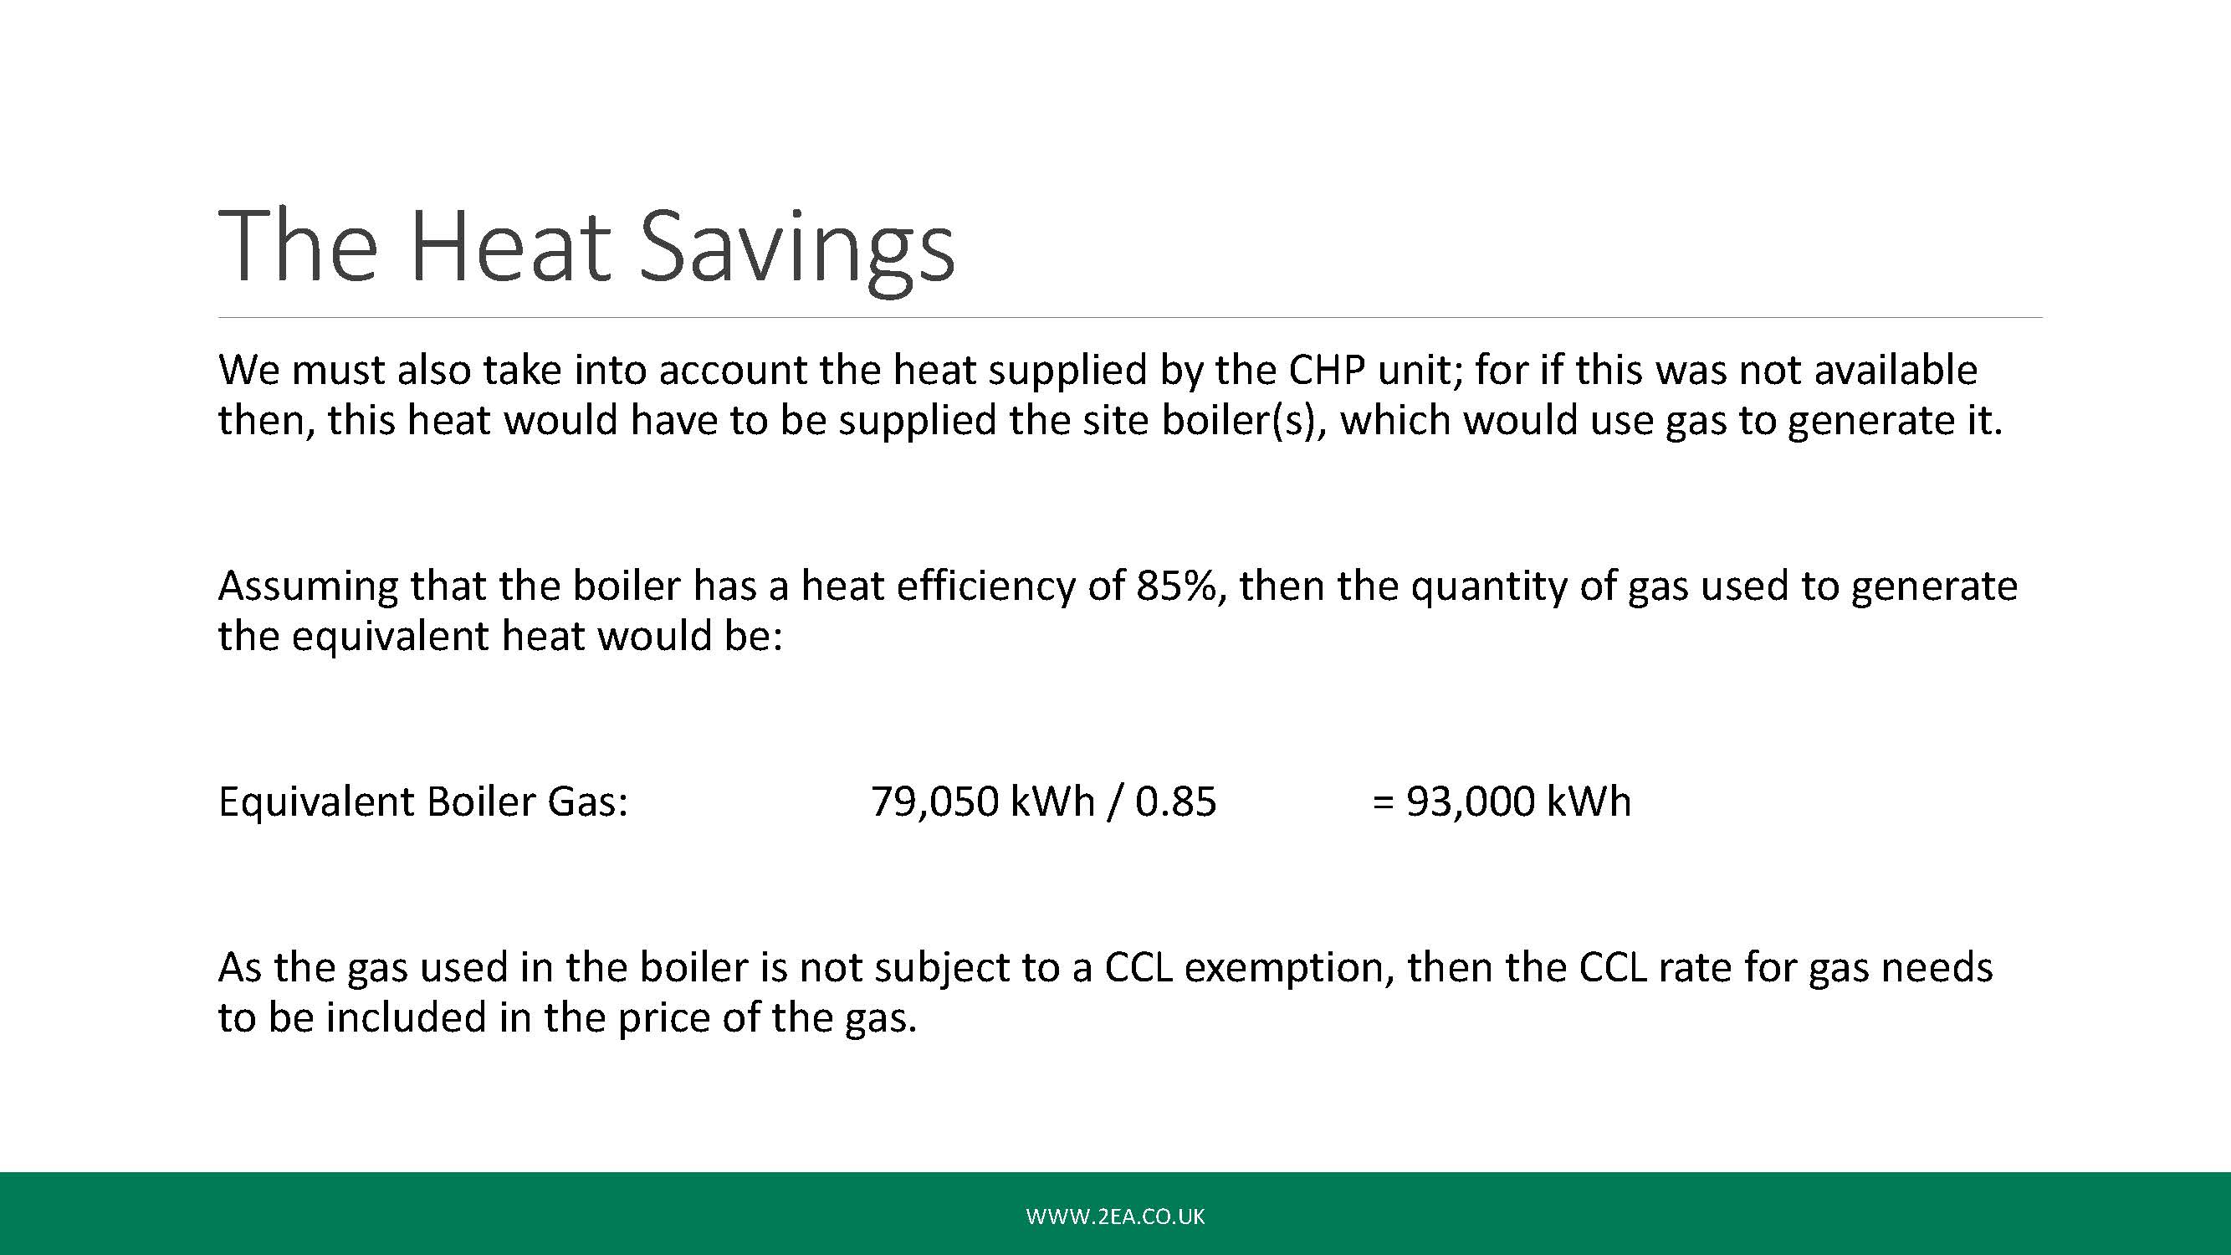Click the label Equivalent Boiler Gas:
423,802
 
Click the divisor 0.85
1176,802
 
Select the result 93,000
1469,802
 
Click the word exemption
1290,968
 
